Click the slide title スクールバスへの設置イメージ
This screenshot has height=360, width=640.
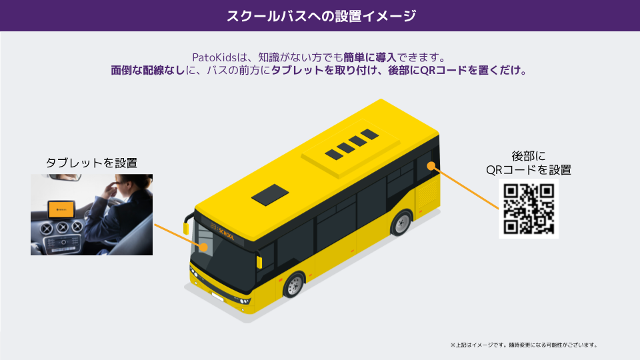pyautogui.click(x=320, y=16)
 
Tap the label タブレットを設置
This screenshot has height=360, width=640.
pyautogui.click(x=91, y=163)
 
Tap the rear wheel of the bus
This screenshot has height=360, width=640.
pyautogui.click(x=401, y=223)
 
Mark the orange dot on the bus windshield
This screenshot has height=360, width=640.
pyautogui.click(x=203, y=247)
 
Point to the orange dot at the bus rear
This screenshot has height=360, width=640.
pyautogui.click(x=431, y=165)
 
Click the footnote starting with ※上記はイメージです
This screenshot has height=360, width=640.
pyautogui.click(x=523, y=345)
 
